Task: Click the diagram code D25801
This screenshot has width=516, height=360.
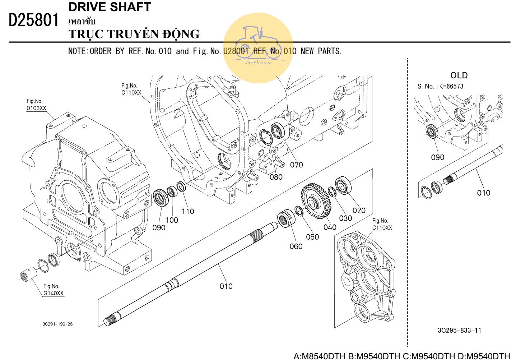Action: click(x=33, y=20)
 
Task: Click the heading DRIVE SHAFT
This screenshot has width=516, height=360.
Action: click(x=110, y=7)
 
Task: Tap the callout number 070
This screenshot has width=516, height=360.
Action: click(x=296, y=165)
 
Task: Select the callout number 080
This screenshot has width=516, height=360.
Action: click(x=276, y=177)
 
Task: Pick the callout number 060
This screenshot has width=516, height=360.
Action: click(x=296, y=246)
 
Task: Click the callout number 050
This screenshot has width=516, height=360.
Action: click(x=312, y=237)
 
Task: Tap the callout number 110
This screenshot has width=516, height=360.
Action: click(x=187, y=212)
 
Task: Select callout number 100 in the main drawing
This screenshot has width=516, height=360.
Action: click(x=172, y=220)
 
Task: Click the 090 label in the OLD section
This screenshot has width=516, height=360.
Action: click(x=437, y=157)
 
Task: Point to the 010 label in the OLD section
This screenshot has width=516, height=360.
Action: click(x=483, y=193)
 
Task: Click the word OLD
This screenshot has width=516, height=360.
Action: click(x=459, y=75)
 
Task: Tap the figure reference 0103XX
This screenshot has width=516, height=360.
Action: click(x=36, y=108)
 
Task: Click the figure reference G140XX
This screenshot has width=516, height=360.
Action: click(x=54, y=294)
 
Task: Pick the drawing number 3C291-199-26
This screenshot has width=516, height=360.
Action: click(x=57, y=324)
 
